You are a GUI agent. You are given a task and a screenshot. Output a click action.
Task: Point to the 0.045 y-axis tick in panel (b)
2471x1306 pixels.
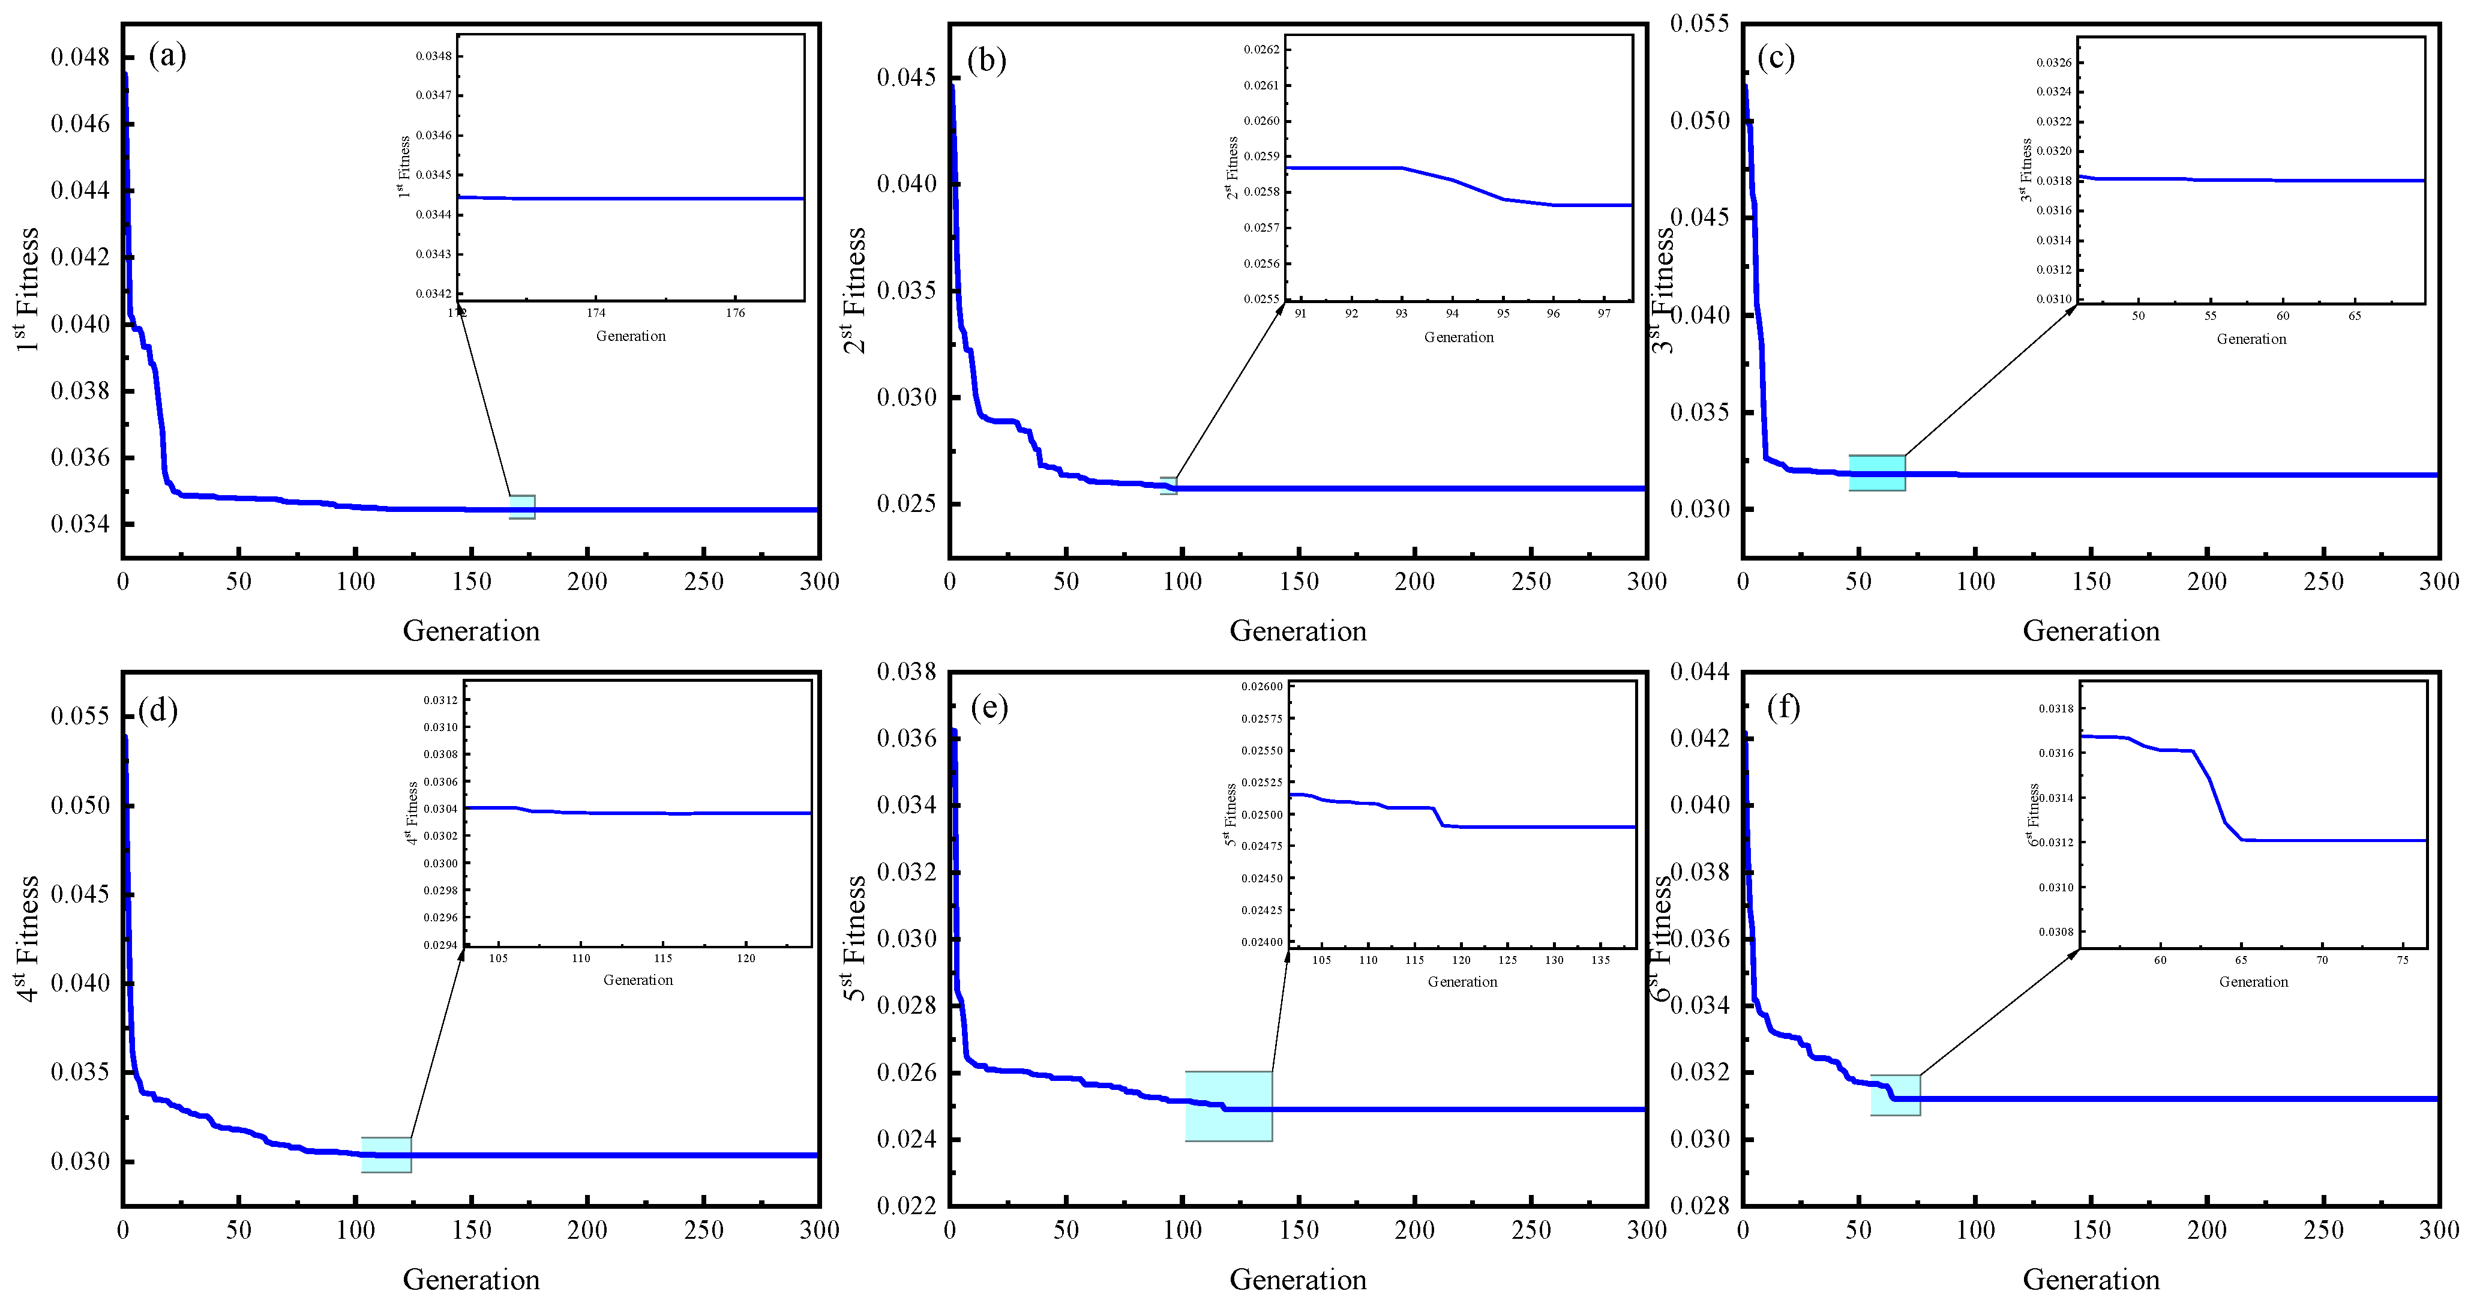pyautogui.click(x=907, y=78)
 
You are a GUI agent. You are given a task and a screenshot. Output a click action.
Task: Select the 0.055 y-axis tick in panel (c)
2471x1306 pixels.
pyautogui.click(x=1700, y=23)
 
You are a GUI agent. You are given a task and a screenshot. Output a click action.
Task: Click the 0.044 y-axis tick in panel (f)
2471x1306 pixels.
pyautogui.click(x=1700, y=672)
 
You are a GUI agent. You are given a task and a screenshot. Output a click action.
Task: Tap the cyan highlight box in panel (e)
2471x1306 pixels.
pyautogui.click(x=1229, y=1106)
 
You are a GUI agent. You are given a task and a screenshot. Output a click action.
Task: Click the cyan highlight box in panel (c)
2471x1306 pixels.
pyautogui.click(x=1876, y=473)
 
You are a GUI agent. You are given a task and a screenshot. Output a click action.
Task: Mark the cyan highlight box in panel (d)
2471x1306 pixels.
pyautogui.click(x=386, y=1154)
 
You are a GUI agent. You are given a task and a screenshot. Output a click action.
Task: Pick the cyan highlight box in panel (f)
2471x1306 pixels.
pyautogui.click(x=1896, y=1095)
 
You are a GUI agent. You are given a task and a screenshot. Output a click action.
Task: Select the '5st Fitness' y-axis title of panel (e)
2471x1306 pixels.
pyautogui.click(x=854, y=939)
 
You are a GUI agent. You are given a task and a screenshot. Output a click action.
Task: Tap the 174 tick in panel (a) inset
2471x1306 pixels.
pyautogui.click(x=596, y=313)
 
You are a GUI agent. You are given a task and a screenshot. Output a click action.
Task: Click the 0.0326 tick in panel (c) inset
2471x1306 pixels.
pyautogui.click(x=2054, y=62)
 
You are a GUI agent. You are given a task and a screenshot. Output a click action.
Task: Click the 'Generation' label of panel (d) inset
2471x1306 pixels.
pyautogui.click(x=638, y=979)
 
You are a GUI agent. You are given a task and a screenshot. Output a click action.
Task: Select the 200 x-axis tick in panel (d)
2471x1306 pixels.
pyautogui.click(x=587, y=1230)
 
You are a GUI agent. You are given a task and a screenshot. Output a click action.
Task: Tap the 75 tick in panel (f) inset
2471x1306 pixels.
pyautogui.click(x=2403, y=960)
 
